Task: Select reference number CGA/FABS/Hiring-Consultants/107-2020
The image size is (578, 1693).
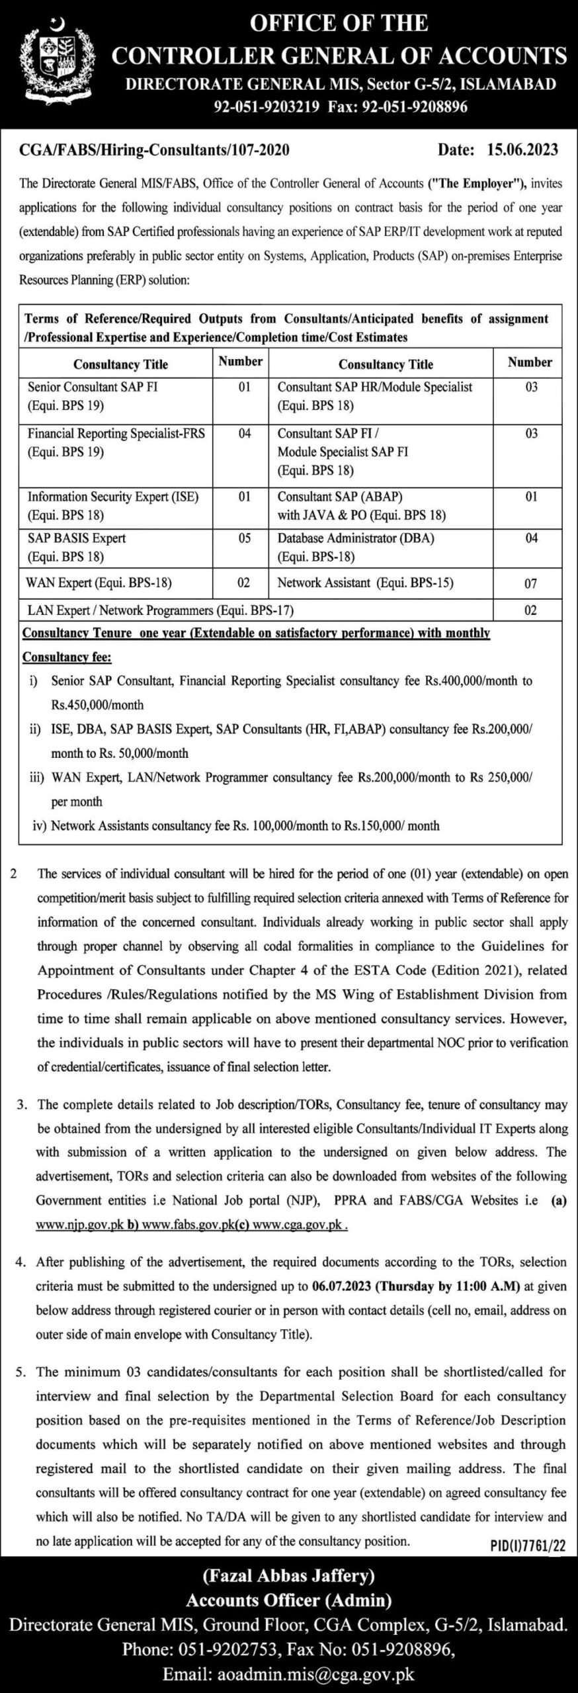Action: pos(156,151)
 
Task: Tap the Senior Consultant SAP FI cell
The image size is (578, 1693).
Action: pos(93,395)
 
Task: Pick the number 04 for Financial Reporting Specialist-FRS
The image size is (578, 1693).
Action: pos(244,434)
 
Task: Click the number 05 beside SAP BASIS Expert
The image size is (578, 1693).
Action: pos(244,538)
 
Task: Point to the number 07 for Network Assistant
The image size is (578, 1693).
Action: pos(530,583)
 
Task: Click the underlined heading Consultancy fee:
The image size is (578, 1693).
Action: pos(67,657)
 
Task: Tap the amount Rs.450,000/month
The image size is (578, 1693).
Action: pos(97,704)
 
